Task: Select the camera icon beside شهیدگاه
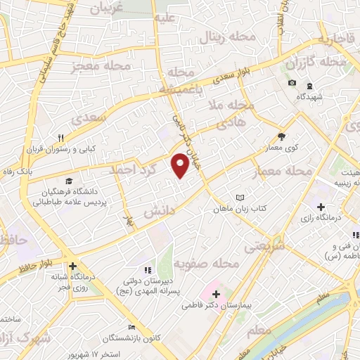(292, 84)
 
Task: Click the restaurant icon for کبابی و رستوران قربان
(60, 138)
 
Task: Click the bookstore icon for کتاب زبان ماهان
(241, 198)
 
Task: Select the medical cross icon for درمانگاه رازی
(321, 207)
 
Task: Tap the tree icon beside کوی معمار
(281, 137)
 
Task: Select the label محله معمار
(288, 170)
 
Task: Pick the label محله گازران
(316, 63)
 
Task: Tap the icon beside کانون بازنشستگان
(131, 327)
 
